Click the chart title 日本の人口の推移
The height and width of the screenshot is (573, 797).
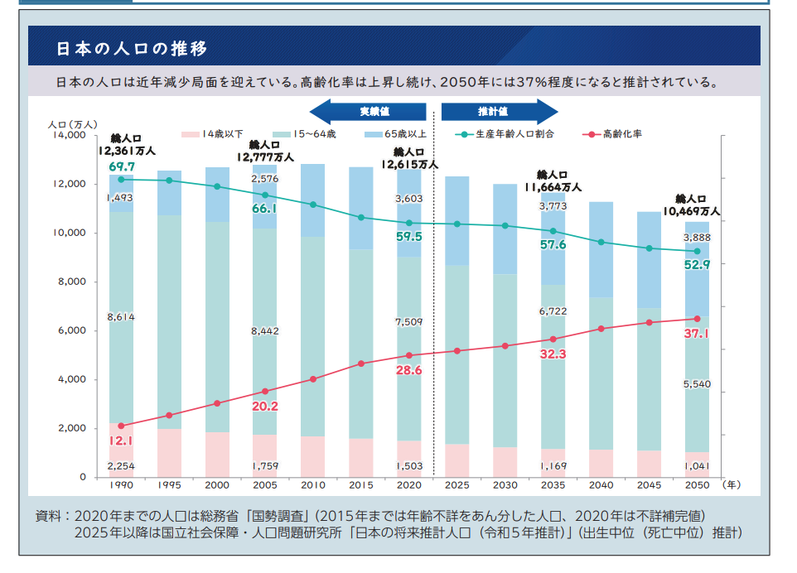click(x=131, y=47)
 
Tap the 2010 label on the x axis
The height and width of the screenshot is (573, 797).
click(x=314, y=485)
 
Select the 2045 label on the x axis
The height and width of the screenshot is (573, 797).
click(x=649, y=485)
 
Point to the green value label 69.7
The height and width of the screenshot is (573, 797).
click(x=121, y=166)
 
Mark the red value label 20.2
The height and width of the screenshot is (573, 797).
click(x=264, y=407)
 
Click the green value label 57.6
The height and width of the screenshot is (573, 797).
click(x=553, y=245)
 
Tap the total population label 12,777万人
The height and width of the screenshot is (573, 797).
click(x=265, y=156)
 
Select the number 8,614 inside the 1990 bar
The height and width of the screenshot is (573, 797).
click(x=121, y=316)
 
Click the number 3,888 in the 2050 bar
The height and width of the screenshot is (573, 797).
click(x=696, y=238)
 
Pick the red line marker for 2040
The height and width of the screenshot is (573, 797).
click(x=601, y=329)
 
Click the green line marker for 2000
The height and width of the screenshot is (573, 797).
click(x=217, y=186)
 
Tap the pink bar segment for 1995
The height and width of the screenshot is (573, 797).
click(x=169, y=452)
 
